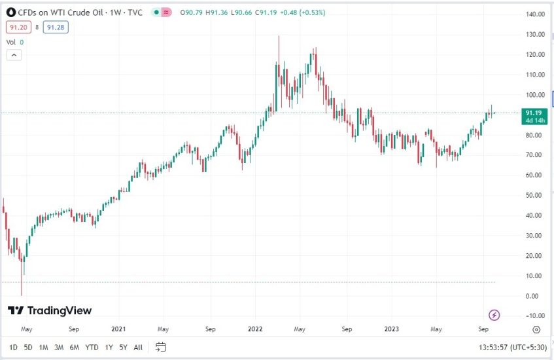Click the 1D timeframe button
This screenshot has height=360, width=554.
13,347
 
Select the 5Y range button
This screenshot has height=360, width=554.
123,347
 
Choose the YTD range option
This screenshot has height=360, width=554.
92,347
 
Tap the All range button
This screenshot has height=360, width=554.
138,347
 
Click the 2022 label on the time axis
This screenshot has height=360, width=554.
254,329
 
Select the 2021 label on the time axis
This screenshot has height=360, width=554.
118,329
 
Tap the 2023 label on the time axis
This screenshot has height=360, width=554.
391,329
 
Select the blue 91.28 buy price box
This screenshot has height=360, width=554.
56,27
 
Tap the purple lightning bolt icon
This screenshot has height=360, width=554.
494,315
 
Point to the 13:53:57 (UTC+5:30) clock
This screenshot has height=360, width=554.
513,347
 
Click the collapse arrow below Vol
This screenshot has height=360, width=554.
14,55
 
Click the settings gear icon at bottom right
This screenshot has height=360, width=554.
536,329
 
